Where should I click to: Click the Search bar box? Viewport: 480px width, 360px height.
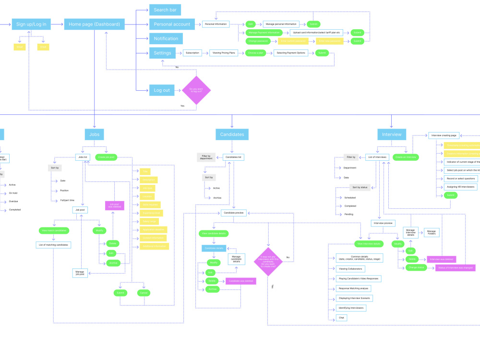tap(165, 10)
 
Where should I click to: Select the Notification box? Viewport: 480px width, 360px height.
tap(166, 38)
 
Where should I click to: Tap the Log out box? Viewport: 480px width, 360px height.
tap(161, 90)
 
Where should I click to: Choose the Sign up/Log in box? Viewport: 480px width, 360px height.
tap(31, 24)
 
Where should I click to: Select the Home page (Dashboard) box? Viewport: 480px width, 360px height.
tap(94, 24)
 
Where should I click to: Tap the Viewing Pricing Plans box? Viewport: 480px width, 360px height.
tap(224, 53)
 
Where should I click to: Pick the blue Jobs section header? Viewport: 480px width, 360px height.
tap(94, 134)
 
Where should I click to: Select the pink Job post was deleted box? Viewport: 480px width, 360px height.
tap(115, 205)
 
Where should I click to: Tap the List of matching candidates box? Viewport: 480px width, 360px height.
tap(54, 245)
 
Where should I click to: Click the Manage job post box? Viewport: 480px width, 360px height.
tap(80, 273)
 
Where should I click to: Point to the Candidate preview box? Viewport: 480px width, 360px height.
tap(234, 213)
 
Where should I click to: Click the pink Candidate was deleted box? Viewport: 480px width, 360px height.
tap(240, 281)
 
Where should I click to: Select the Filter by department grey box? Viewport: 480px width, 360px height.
tap(205, 157)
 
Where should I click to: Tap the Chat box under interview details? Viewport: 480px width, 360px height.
tap(342, 318)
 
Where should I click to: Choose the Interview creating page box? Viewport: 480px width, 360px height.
tap(444, 135)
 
